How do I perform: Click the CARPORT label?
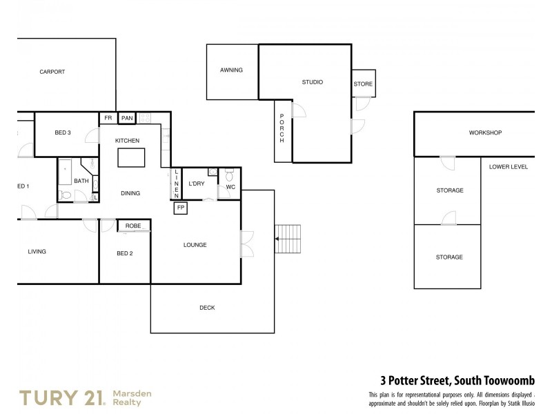click(52, 72)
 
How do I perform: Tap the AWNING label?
click(231, 70)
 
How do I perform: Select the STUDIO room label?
click(313, 82)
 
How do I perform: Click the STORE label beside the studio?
click(363, 84)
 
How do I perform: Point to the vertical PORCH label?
click(282, 131)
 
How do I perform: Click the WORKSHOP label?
click(485, 132)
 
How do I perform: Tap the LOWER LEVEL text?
click(508, 167)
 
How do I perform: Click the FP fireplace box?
click(181, 208)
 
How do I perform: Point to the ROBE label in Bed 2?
click(133, 226)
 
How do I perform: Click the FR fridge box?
click(108, 118)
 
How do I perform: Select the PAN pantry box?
click(127, 118)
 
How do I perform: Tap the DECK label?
click(207, 308)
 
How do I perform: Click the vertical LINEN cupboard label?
click(177, 184)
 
